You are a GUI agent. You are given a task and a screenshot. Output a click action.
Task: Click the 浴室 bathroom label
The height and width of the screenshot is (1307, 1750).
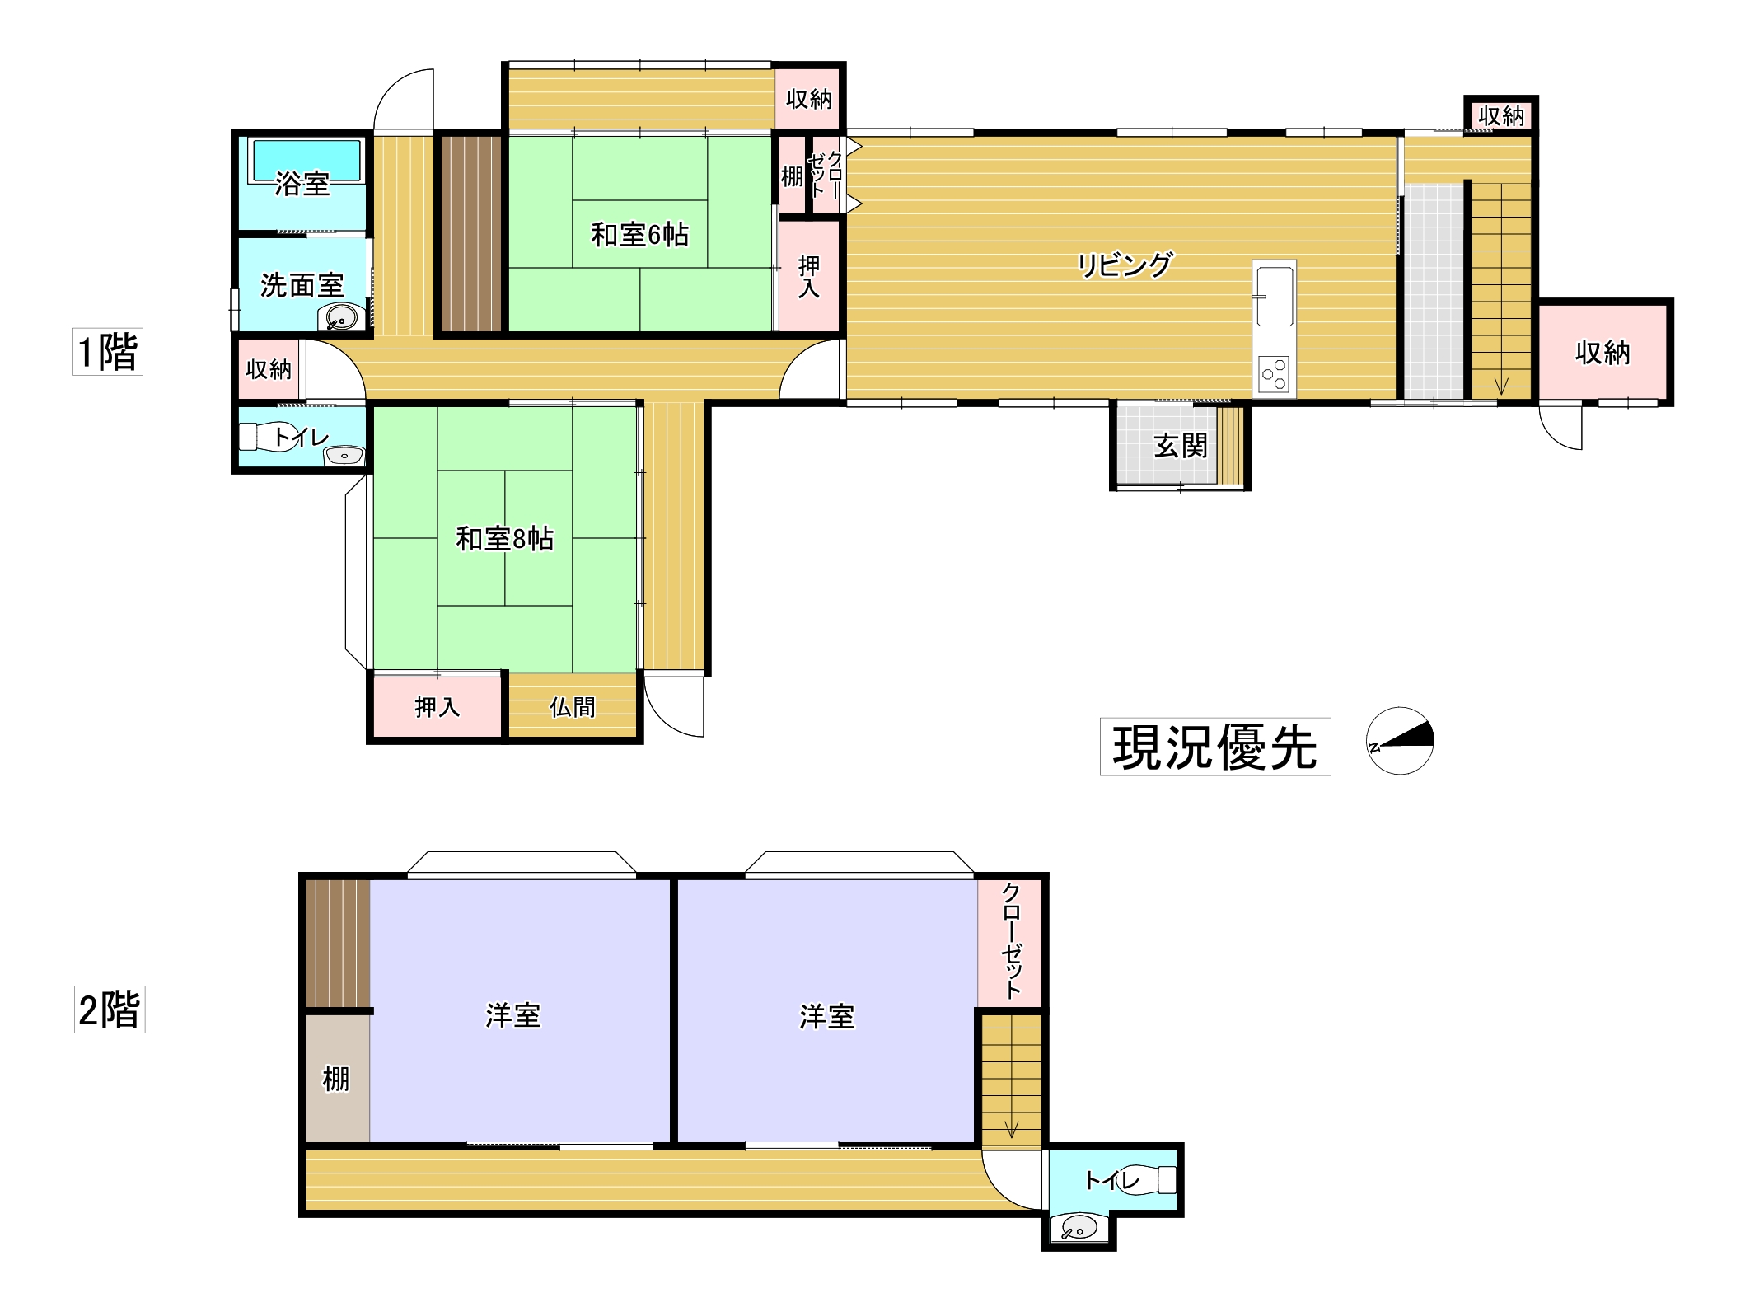coord(302,184)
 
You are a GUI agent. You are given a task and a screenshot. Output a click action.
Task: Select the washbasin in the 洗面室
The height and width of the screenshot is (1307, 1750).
coord(341,316)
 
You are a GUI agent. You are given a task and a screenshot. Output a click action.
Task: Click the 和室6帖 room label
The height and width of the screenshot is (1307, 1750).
coord(639,236)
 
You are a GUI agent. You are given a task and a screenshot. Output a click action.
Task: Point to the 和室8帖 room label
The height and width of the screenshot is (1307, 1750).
coord(504,539)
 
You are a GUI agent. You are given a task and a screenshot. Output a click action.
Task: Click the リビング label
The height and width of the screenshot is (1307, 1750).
coord(1124,265)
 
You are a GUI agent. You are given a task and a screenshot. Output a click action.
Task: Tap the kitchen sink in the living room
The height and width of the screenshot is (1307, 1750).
coord(1274,296)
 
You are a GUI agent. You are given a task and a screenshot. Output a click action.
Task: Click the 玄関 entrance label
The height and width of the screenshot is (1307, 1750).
coord(1180,447)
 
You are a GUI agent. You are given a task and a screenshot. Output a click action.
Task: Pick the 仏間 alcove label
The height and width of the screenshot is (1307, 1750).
coord(572,707)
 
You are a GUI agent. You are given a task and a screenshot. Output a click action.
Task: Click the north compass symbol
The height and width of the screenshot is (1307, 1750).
coord(1400,741)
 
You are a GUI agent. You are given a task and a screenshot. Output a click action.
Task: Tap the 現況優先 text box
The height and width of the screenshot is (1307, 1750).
coord(1214,747)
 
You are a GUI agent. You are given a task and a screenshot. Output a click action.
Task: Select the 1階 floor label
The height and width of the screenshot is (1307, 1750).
coord(107,352)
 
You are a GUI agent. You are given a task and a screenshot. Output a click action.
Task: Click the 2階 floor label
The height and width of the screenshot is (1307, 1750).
coord(110,1010)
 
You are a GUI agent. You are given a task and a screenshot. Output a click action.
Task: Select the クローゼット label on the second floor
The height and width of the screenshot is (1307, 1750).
coord(1011,940)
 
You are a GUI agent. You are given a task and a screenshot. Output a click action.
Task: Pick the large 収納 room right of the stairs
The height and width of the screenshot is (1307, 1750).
coord(1602,353)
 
